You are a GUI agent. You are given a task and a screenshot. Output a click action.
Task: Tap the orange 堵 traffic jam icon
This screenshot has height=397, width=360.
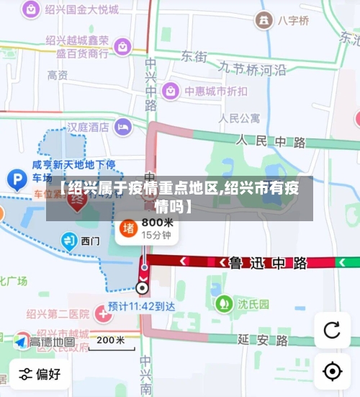[x=129, y=228]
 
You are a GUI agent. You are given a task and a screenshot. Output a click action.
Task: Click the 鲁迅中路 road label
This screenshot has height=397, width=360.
[x=268, y=263]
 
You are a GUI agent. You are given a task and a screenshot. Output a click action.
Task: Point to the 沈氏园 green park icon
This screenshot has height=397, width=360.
[x=225, y=303]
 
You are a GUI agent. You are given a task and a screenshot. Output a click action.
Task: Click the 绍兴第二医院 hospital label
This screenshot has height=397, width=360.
[x=58, y=313]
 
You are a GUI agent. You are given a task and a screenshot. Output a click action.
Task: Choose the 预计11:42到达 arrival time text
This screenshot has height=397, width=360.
[x=142, y=306]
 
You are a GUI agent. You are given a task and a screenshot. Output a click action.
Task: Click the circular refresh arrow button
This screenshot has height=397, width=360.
[x=332, y=330]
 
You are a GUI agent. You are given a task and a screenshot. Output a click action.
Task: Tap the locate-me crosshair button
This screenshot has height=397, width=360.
[x=332, y=371]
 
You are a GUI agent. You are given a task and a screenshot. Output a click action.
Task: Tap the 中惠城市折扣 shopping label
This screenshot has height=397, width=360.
[x=215, y=91]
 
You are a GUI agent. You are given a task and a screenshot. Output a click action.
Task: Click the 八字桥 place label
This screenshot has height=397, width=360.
[x=293, y=19]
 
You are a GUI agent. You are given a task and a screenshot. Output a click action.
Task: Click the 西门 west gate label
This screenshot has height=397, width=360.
[x=91, y=241]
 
